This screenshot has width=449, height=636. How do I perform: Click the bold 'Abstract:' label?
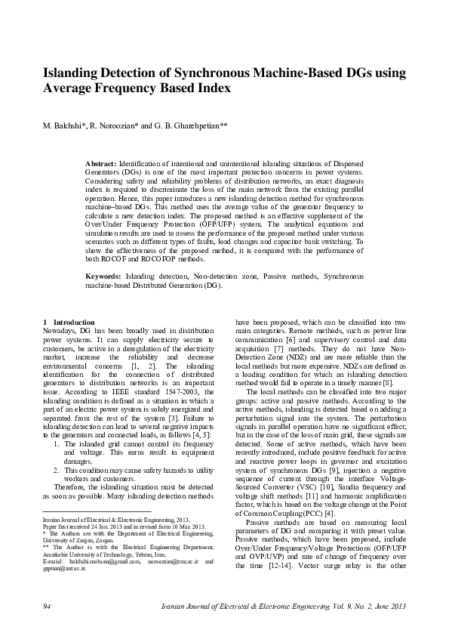tap(100, 164)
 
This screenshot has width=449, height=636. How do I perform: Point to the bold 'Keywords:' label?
tap(103, 277)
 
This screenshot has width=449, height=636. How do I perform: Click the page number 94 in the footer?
tap(47, 607)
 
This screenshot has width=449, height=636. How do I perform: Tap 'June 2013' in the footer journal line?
tap(390, 607)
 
